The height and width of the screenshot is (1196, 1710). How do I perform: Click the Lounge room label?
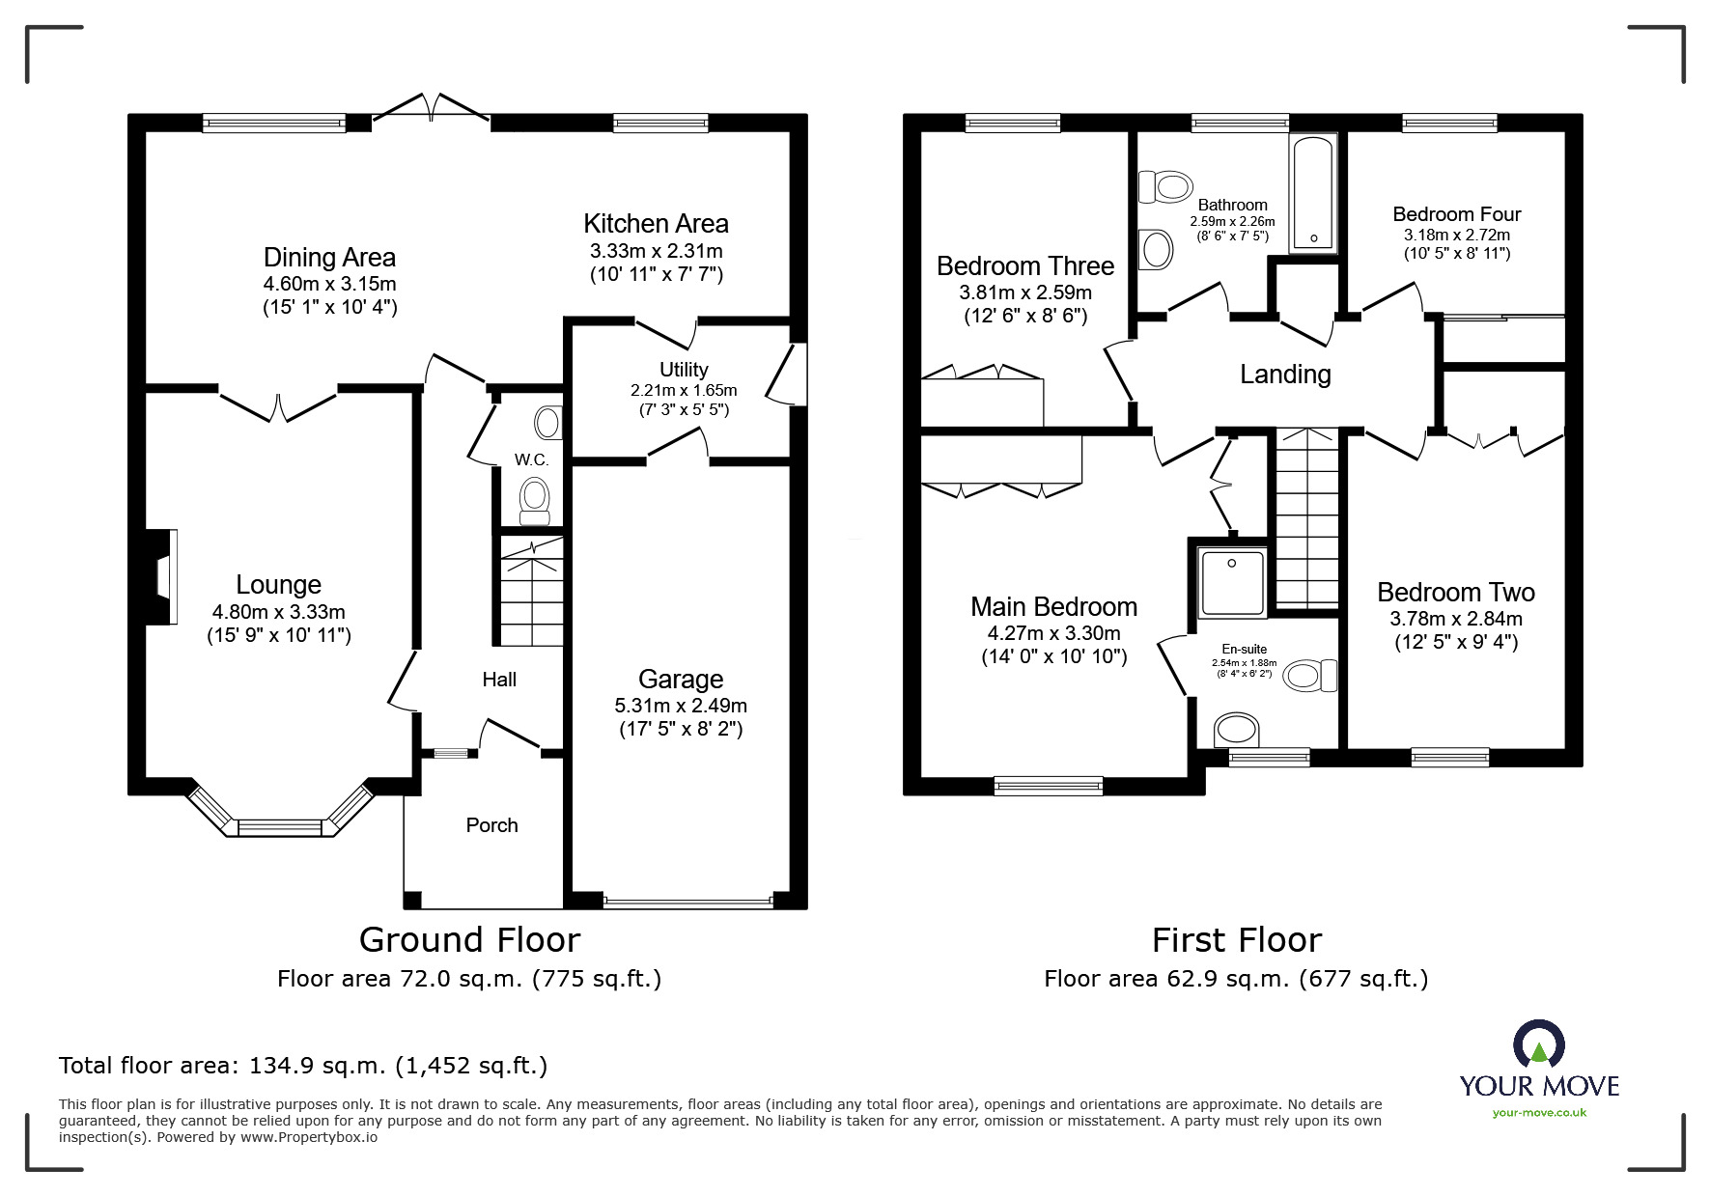click(x=278, y=585)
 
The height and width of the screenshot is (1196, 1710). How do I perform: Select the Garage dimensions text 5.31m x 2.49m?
click(x=681, y=706)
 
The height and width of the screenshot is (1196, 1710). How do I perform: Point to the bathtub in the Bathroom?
click(x=1313, y=192)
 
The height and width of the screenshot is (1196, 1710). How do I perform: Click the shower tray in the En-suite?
click(x=1232, y=582)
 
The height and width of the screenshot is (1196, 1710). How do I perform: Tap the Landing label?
click(x=1285, y=375)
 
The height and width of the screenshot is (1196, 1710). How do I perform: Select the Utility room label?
click(x=684, y=370)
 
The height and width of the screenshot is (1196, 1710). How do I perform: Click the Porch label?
click(x=491, y=825)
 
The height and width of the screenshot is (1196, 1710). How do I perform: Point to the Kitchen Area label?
click(x=656, y=224)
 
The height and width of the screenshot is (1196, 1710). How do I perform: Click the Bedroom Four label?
click(x=1456, y=214)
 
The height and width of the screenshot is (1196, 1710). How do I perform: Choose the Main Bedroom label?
click(x=1053, y=607)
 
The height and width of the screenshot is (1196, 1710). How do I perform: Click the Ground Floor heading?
click(x=469, y=939)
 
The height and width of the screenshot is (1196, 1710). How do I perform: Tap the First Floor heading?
click(x=1236, y=939)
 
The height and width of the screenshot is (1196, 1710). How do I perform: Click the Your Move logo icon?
click(x=1538, y=1046)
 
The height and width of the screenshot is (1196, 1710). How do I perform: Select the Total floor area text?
click(x=303, y=1066)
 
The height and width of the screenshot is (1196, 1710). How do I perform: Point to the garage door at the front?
click(x=687, y=903)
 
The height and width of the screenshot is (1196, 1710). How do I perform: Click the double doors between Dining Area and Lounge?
click(x=279, y=405)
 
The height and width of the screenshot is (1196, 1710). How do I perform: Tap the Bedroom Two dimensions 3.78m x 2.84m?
click(x=1456, y=619)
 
